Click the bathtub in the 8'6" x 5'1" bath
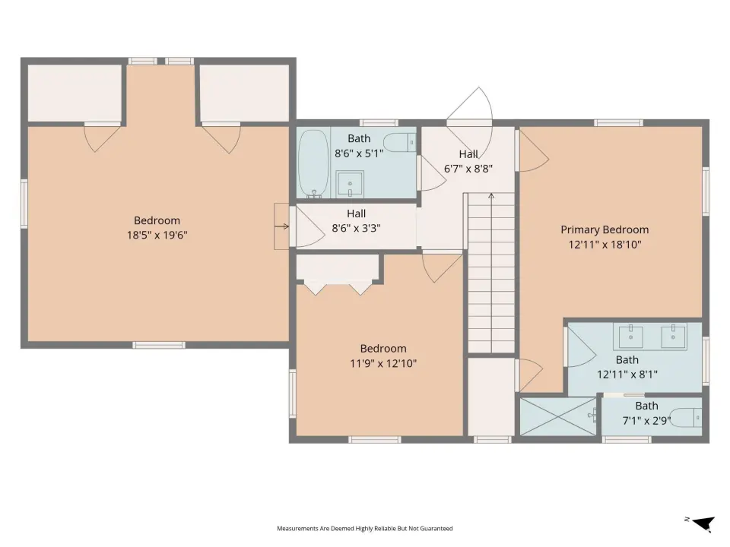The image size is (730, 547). point(313,163)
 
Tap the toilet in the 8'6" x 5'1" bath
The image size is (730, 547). point(399,142)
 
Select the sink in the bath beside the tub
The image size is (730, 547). point(350,184)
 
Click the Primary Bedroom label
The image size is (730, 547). point(605,229)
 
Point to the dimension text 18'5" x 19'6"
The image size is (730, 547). point(157,235)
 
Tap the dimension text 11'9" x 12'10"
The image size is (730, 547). point(383,363)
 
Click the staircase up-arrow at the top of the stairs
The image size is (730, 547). point(491,196)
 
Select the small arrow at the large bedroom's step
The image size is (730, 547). point(281,226)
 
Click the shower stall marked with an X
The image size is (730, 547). point(557,416)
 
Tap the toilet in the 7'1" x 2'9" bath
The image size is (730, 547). point(686,418)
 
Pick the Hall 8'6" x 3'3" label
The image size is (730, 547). point(356,220)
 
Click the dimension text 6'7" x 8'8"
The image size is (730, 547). point(468,169)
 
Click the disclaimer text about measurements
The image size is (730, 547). point(364,529)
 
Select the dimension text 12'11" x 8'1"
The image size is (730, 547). point(627,374)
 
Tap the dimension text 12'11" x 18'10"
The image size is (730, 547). point(605,244)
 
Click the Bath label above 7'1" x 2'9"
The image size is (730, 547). point(646,406)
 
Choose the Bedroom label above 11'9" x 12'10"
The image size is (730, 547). point(383,349)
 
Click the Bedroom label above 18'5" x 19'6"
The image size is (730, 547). point(157,220)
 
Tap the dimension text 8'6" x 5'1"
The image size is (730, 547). point(359,153)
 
